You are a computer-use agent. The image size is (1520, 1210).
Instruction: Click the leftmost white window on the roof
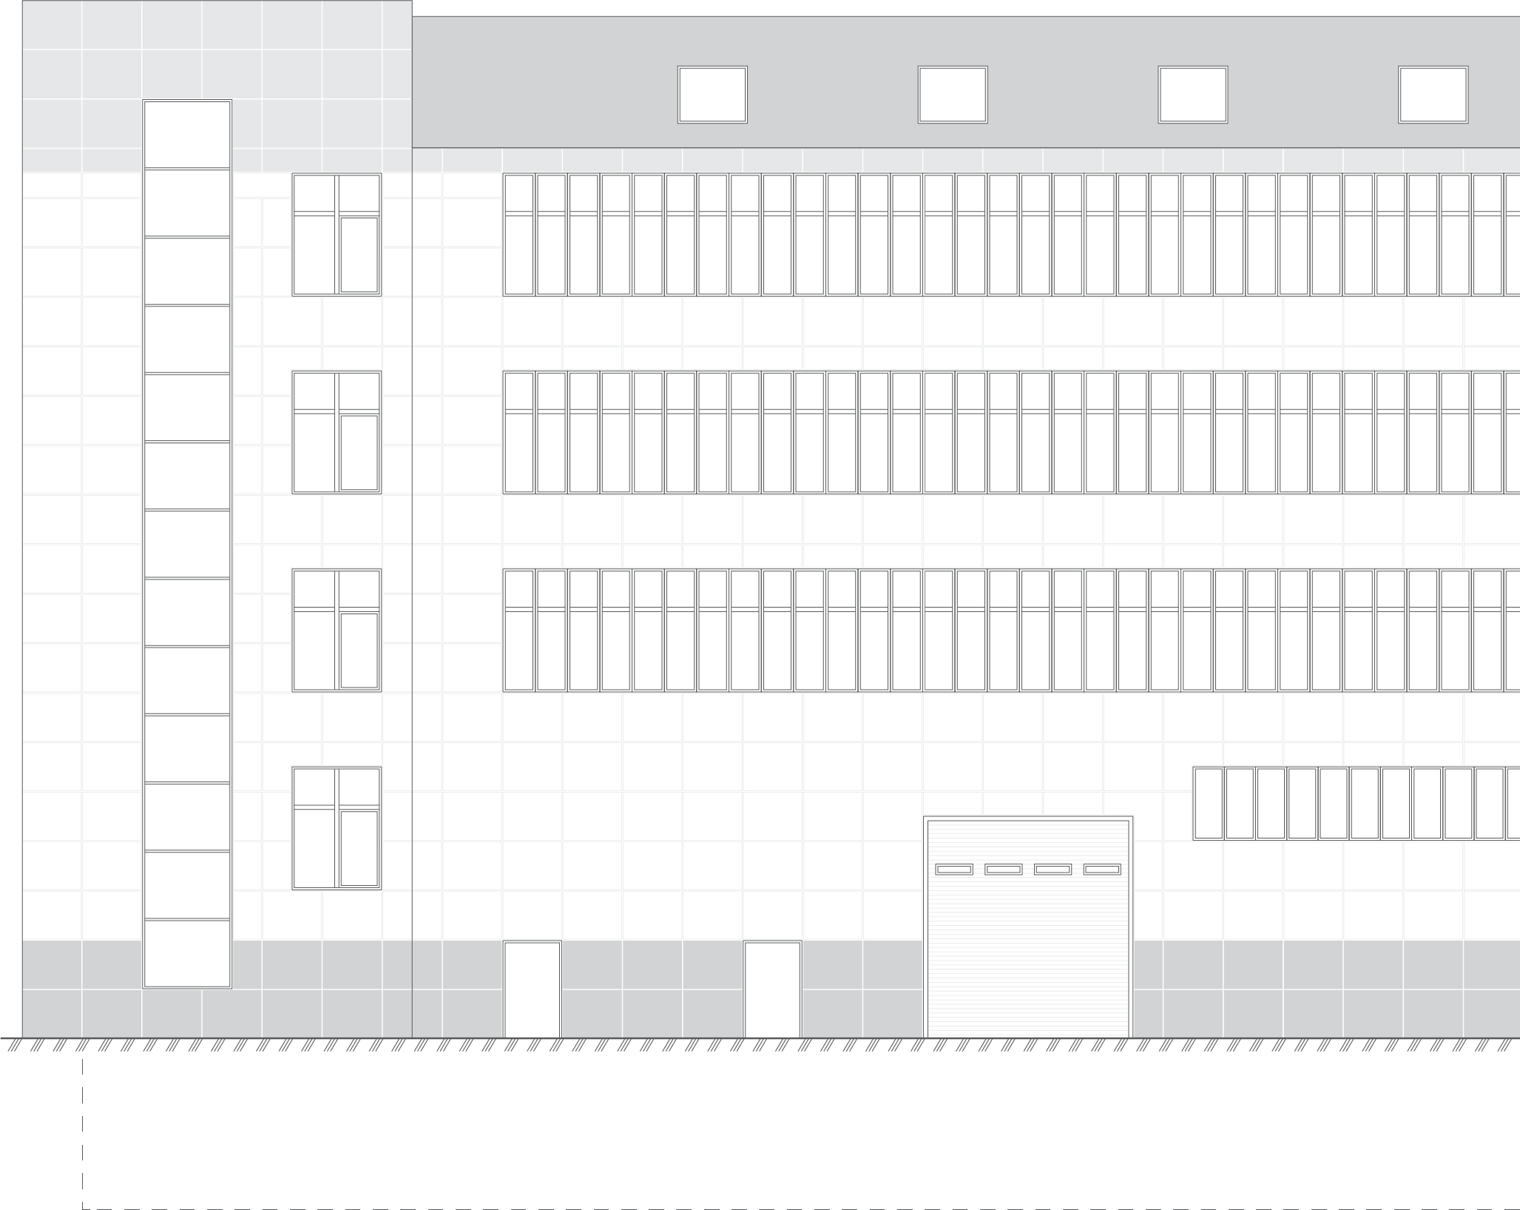pyautogui.click(x=712, y=95)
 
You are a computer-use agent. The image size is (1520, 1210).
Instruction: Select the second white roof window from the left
pyautogui.click(x=953, y=95)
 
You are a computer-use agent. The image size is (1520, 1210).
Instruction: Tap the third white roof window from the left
pyautogui.click(x=1192, y=95)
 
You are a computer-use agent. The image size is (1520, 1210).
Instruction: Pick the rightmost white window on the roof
pyautogui.click(x=1433, y=95)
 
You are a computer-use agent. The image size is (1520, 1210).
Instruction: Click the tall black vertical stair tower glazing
pyautogui.click(x=187, y=544)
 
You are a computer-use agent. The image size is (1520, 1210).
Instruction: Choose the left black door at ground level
pyautogui.click(x=532, y=989)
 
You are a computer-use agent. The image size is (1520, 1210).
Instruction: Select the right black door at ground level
pyautogui.click(x=772, y=989)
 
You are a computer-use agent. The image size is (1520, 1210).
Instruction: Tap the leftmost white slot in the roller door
pyautogui.click(x=954, y=870)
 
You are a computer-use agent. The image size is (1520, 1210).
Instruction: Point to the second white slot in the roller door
pyautogui.click(x=1004, y=870)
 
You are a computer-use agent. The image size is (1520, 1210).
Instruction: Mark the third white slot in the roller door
pyautogui.click(x=1053, y=870)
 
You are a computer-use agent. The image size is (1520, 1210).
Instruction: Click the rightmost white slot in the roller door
pyautogui.click(x=1102, y=870)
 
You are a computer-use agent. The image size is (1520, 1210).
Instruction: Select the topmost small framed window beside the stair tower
pyautogui.click(x=337, y=235)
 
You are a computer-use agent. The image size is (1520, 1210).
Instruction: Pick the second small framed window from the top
pyautogui.click(x=337, y=432)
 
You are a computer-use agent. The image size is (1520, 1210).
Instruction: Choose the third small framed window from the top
pyautogui.click(x=337, y=630)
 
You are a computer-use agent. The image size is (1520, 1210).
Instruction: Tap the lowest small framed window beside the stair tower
pyautogui.click(x=337, y=828)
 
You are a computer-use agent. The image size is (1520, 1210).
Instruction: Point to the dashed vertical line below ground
pyautogui.click(x=82, y=1132)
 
